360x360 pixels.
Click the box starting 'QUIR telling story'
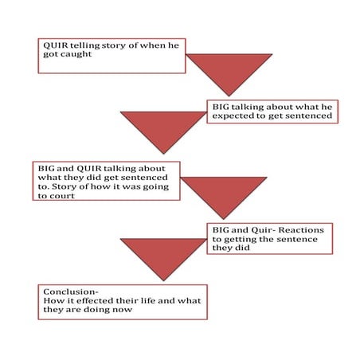(111, 55)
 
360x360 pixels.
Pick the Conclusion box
(122, 302)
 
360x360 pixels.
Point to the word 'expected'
(234, 116)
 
